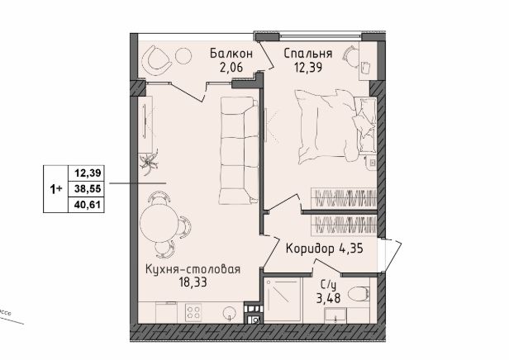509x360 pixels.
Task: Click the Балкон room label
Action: [x=231, y=53]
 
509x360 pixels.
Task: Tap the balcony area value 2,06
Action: [x=231, y=68]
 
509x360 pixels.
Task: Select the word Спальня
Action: [x=307, y=53]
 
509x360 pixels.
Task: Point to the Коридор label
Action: [x=310, y=249]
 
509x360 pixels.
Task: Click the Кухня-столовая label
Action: [x=193, y=269]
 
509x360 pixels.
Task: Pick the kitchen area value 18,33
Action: [x=193, y=282]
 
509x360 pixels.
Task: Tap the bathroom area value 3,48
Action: [x=329, y=298]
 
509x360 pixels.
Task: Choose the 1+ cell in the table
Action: [x=56, y=189]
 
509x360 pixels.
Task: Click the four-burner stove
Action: [x=193, y=312]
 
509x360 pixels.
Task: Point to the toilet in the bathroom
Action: [x=359, y=295]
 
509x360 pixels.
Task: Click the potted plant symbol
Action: [x=149, y=161]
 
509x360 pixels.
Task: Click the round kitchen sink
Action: [x=230, y=313]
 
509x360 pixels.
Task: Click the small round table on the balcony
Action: [x=183, y=56]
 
